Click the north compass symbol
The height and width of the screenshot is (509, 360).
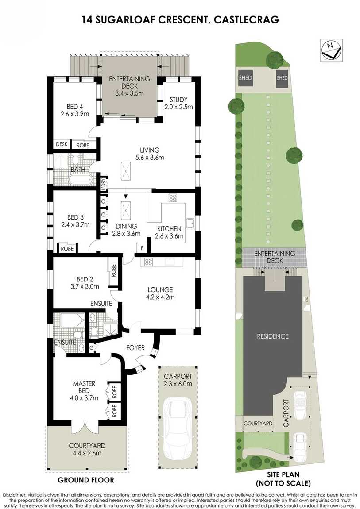click(331, 50)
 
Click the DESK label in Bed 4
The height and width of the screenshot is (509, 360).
click(62, 144)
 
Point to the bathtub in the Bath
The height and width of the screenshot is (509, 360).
click(81, 179)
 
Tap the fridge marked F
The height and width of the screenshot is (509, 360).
click(142, 248)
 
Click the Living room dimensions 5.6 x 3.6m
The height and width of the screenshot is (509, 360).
click(150, 158)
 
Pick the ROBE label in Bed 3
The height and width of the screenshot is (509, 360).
click(67, 249)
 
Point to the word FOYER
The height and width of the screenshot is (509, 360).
click(135, 347)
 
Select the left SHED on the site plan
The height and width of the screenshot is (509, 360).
click(245, 78)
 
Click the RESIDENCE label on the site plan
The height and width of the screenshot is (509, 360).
click(273, 336)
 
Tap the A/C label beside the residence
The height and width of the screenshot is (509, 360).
click(305, 299)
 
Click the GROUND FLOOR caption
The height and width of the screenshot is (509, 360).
click(86, 480)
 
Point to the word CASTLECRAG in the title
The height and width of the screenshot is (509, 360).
click(246, 20)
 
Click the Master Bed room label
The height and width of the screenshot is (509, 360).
click(84, 390)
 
